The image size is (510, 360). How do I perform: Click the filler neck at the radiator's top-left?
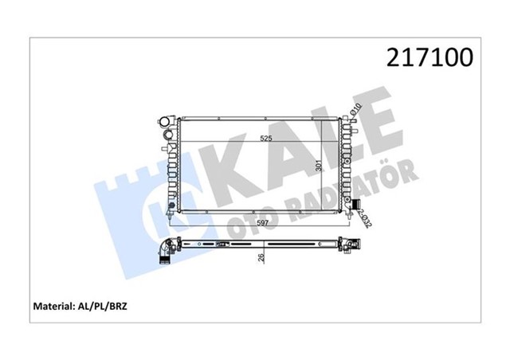pos(166,123)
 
